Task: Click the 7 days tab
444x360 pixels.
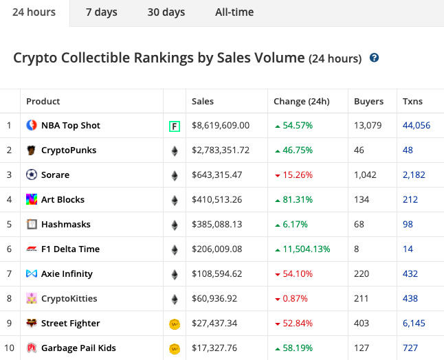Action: coord(101,12)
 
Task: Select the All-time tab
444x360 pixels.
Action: coord(234,12)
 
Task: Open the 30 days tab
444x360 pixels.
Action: coord(166,12)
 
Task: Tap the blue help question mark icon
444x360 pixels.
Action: coord(374,58)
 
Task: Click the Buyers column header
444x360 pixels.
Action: coord(368,101)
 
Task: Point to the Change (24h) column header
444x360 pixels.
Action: coord(301,101)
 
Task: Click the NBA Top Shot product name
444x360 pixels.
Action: coord(70,126)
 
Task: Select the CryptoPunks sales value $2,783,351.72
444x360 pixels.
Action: coord(220,150)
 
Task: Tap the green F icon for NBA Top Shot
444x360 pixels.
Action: coord(175,126)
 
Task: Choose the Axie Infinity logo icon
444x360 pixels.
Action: coord(32,274)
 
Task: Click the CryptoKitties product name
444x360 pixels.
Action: coord(69,299)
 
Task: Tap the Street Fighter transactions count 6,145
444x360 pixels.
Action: coord(416,324)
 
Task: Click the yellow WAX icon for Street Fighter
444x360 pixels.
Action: coord(175,324)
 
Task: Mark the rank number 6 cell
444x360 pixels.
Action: coord(10,249)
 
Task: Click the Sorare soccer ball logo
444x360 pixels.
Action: coord(32,175)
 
